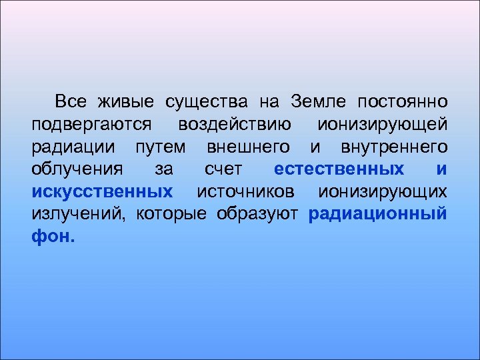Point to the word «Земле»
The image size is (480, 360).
click(x=319, y=101)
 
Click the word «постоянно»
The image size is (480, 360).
click(x=403, y=102)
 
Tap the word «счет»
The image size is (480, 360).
click(x=223, y=169)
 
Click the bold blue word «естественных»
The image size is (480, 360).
click(x=339, y=169)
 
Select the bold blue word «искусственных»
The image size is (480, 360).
click(x=102, y=192)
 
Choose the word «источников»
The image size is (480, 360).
click(x=246, y=192)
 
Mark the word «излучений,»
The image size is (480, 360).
click(x=79, y=214)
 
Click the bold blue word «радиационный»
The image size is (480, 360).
click(x=378, y=215)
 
